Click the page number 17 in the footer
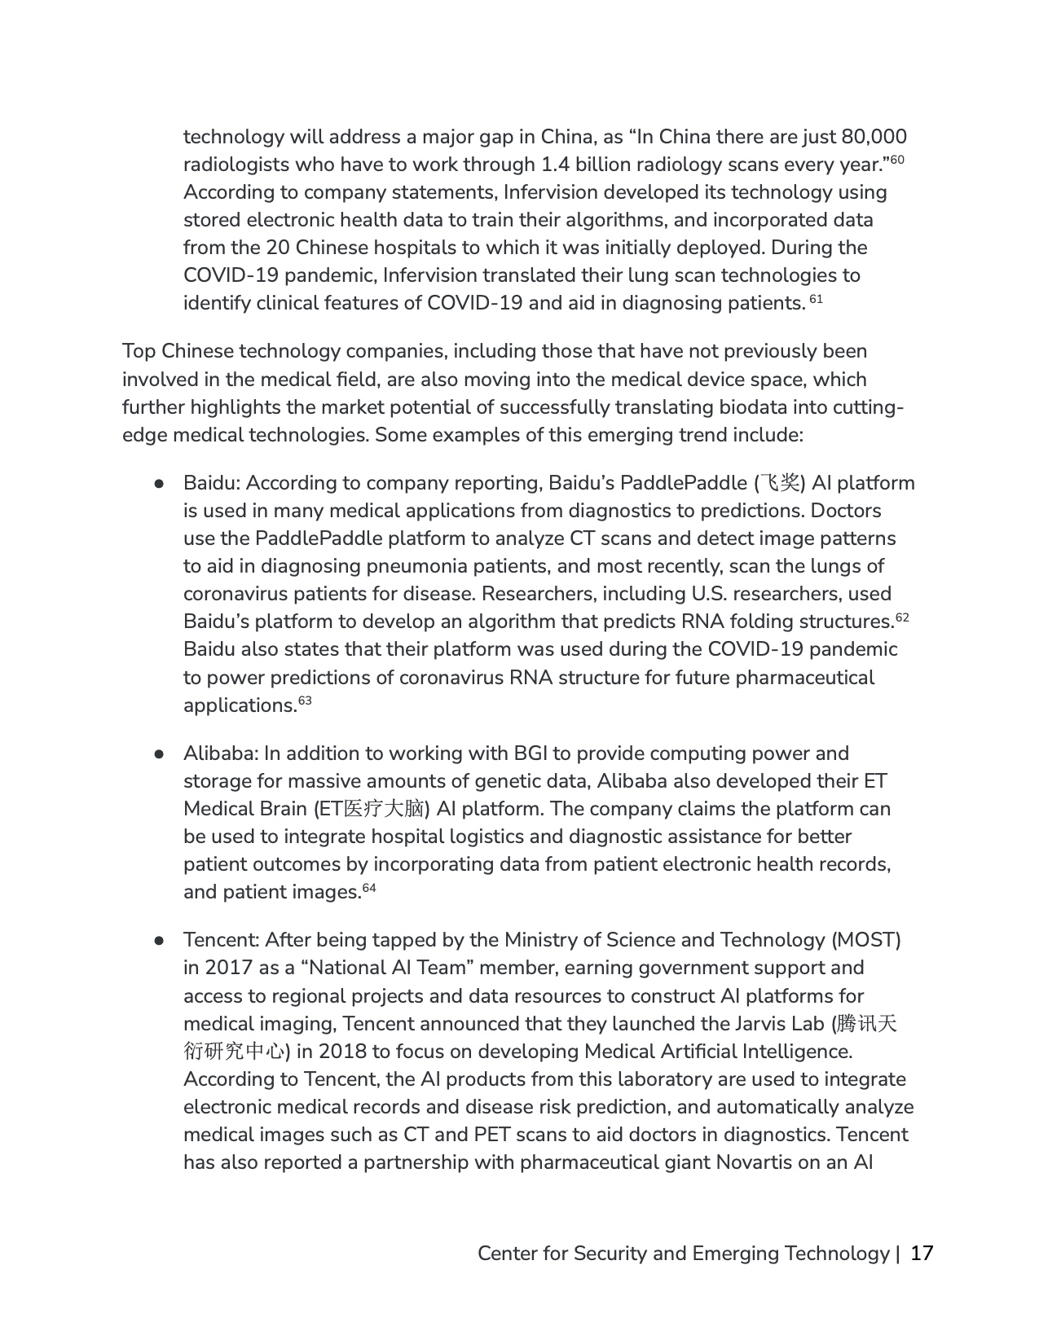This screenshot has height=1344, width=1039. pos(921,1253)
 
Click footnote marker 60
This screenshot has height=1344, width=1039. pos(897,160)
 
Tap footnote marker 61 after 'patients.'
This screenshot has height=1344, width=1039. pos(817,299)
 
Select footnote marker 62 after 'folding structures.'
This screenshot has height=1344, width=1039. pos(902,617)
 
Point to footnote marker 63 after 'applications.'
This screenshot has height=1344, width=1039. pos(305,701)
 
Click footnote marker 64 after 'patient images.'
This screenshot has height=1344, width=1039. pos(369,887)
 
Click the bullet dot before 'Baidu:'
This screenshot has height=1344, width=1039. pos(160,483)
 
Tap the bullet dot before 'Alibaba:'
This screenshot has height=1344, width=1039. pos(160,753)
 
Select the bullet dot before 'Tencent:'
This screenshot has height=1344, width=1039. pos(160,940)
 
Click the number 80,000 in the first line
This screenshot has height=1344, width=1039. pos(874,137)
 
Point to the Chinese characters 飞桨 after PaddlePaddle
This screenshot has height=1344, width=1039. pos(778,483)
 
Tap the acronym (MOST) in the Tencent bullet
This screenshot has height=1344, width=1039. pos(865,940)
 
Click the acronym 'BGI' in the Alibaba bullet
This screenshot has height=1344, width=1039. pos(534,753)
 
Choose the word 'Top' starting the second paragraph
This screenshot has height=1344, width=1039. pos(139,351)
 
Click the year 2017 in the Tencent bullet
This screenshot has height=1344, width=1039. pos(229,968)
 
